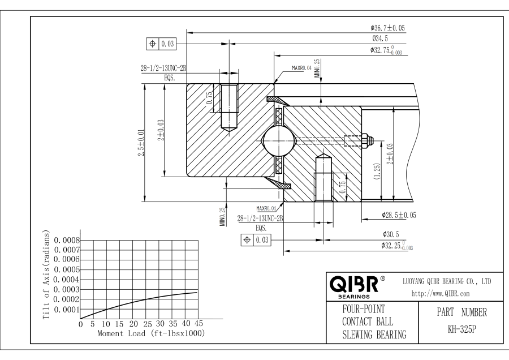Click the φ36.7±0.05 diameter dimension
[x=387, y=28]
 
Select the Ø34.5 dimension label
[x=380, y=38]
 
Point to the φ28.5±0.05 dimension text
[x=399, y=215]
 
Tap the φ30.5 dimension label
[x=391, y=234]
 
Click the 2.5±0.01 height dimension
[x=141, y=143]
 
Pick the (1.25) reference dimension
[x=377, y=172]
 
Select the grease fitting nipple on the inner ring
[x=367, y=140]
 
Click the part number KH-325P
[x=462, y=329]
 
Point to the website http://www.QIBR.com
[x=441, y=294]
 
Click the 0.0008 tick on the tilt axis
[x=67, y=241]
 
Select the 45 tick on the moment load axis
[x=199, y=324]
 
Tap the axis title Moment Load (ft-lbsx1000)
[x=151, y=333]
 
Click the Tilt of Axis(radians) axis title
[x=46, y=275]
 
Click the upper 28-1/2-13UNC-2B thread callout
[x=163, y=68]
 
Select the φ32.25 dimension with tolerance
[x=397, y=246]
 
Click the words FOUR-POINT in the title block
[x=364, y=309]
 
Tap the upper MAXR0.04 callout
[x=301, y=68]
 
